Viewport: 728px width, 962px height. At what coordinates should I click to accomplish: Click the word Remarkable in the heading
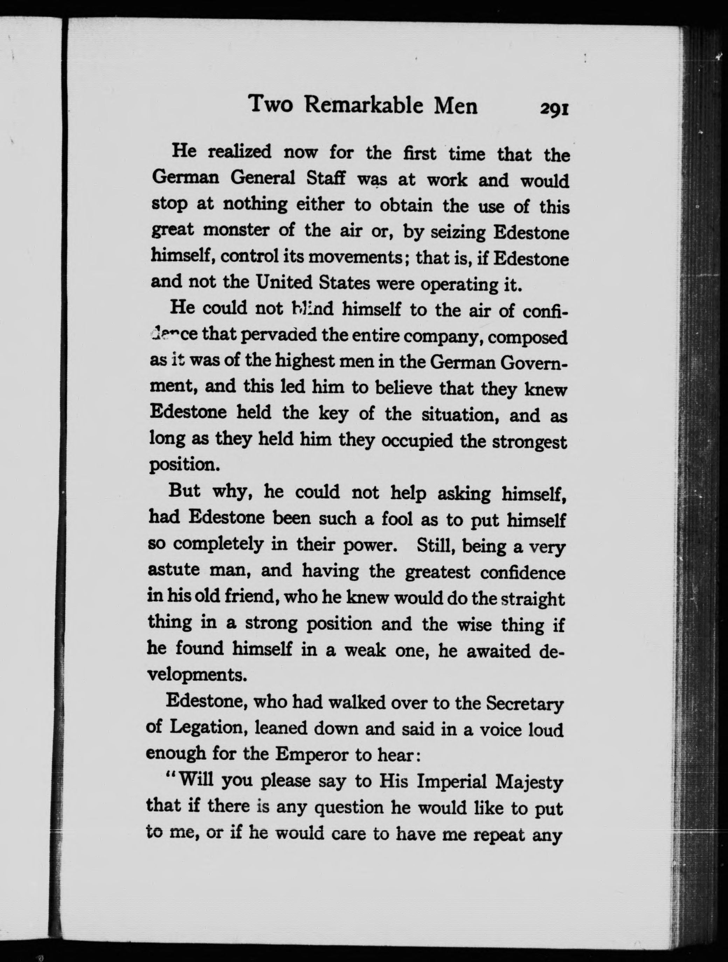tap(363, 106)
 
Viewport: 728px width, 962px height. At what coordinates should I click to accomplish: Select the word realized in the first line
tap(240, 152)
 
